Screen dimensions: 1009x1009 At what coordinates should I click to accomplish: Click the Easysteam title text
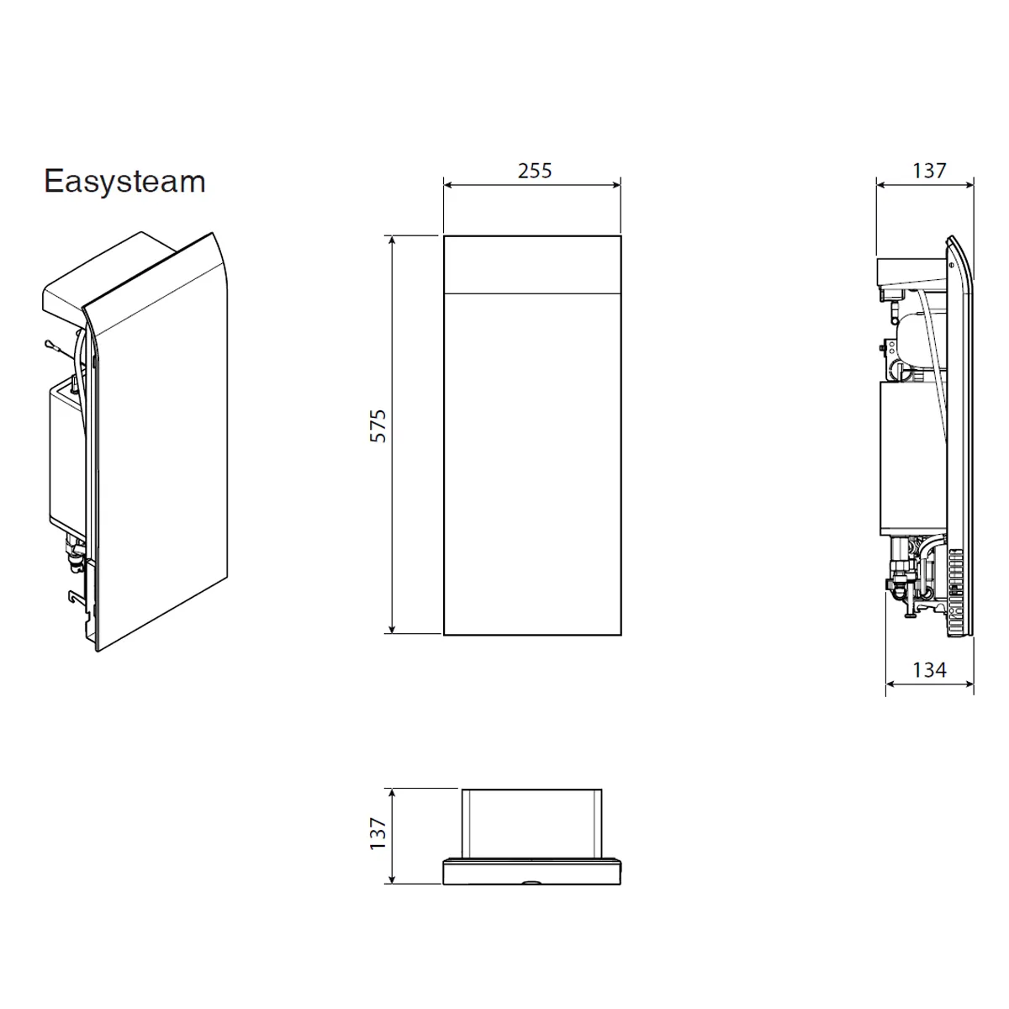coord(124,182)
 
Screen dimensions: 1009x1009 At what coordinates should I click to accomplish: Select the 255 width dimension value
coord(535,171)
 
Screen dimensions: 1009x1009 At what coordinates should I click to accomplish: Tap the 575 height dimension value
coord(378,426)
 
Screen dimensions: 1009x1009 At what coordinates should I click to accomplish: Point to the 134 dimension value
coord(929,669)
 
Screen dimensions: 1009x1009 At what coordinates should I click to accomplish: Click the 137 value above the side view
coord(929,171)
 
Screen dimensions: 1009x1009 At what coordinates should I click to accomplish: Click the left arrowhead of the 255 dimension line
coord(447,184)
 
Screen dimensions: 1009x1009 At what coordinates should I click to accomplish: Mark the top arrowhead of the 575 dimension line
coord(392,240)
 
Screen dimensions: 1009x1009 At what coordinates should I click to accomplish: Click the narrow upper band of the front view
coord(532,264)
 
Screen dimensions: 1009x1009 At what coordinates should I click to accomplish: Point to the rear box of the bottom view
coord(531,820)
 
